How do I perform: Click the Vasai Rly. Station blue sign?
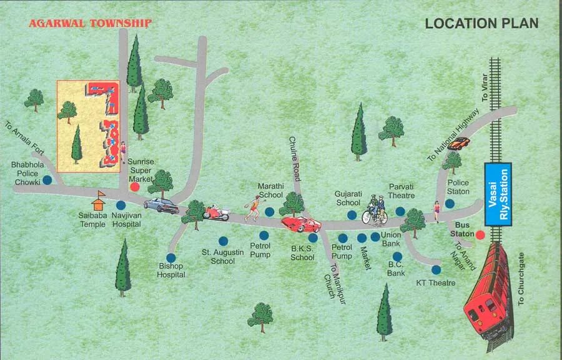point(498,194)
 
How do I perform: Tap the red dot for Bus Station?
point(480,235)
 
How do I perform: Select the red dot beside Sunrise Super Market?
point(134,186)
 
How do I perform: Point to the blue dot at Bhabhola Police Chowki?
point(47,180)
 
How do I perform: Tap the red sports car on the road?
point(300,224)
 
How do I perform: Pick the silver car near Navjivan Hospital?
point(161,205)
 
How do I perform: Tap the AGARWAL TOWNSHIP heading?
point(91,24)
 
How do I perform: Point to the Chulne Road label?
point(295,159)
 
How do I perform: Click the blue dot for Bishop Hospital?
point(170,257)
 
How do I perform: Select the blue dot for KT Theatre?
point(436,269)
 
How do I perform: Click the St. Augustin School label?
point(218,256)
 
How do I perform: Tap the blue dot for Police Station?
point(450,203)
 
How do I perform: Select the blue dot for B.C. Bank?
point(397,256)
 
